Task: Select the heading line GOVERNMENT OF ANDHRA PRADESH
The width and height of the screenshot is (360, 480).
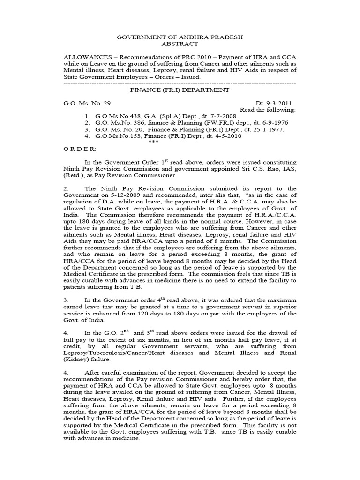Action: point(180,37)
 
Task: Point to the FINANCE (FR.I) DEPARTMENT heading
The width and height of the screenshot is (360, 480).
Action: point(180,90)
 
